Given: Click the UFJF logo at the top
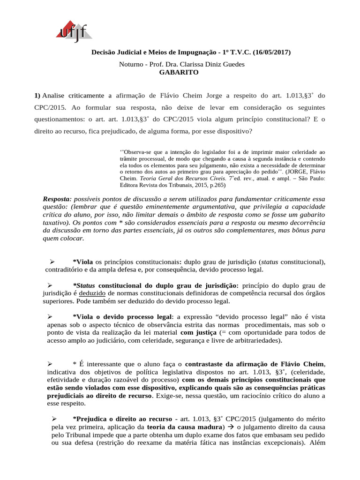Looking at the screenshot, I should coord(74,31).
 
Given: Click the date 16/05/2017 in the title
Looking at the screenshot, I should coord(272,52).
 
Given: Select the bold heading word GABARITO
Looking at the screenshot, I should coord(179,72).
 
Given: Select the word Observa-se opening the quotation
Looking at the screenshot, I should coord(138,152).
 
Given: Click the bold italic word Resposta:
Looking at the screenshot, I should coord(58,199).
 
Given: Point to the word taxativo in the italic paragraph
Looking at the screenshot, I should coord(56,223).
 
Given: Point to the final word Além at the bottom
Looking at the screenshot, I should coord(317,443).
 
